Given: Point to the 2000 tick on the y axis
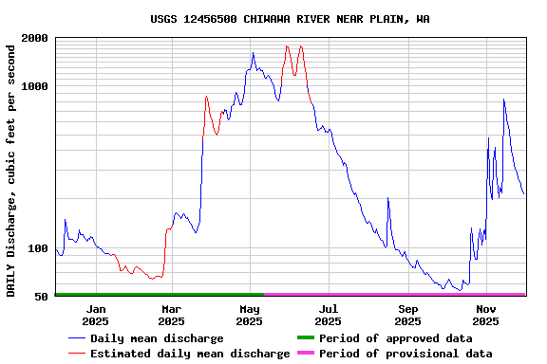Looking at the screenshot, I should pyautogui.click(x=36, y=38).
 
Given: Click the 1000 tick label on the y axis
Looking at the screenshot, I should pyautogui.click(x=36, y=86).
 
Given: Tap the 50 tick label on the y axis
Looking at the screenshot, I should pyautogui.click(x=42, y=297).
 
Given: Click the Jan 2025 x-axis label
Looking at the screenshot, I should pyautogui.click(x=95, y=315).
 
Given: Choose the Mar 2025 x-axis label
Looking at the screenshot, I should pyautogui.click(x=172, y=315).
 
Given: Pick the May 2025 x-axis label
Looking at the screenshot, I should pyautogui.click(x=250, y=315).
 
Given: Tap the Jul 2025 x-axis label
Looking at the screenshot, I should pyautogui.click(x=328, y=315).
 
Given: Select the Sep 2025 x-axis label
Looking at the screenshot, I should pyautogui.click(x=407, y=315).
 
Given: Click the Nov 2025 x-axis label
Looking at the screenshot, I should pyautogui.click(x=486, y=315).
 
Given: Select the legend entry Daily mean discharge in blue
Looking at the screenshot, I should pyautogui.click(x=157, y=338).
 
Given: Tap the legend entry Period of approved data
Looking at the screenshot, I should pyautogui.click(x=395, y=338).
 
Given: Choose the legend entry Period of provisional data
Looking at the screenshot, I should pyautogui.click(x=406, y=354).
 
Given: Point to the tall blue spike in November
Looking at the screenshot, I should pyautogui.click(x=504, y=99).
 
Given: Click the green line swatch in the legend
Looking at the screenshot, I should pyautogui.click(x=305, y=338).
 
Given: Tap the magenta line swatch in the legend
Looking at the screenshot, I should pyautogui.click(x=305, y=354).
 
